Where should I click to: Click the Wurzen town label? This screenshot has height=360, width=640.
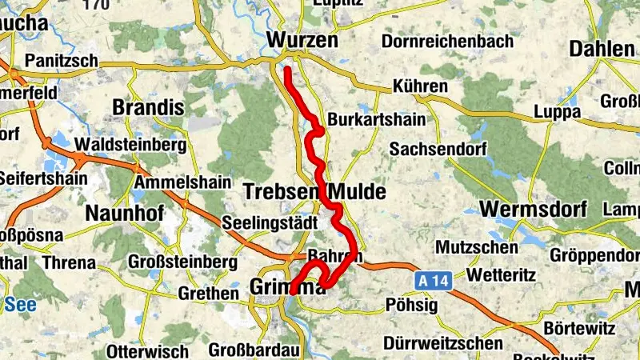[302, 40]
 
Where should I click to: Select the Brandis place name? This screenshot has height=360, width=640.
[148, 107]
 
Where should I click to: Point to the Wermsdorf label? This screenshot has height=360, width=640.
[534, 210]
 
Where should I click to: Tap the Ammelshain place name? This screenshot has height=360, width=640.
[175, 182]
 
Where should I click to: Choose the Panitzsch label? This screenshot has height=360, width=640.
[62, 60]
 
